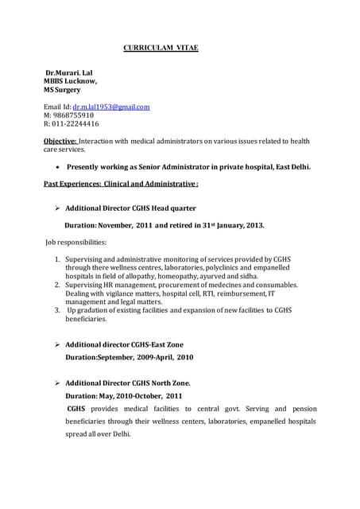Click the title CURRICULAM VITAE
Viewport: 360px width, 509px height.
[161, 49]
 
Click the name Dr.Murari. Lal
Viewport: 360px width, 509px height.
[69, 72]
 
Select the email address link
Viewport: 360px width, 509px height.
[111, 106]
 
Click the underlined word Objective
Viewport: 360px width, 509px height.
[60, 141]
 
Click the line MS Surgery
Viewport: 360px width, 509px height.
[62, 90]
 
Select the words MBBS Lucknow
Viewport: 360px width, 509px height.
[70, 81]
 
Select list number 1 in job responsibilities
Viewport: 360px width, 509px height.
[57, 259]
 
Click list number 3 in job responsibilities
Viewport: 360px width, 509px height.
[57, 310]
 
